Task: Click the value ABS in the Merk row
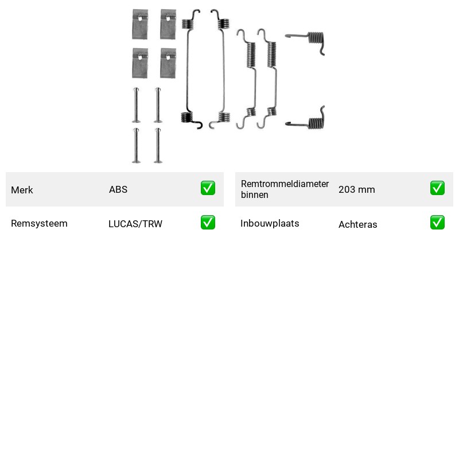click(118, 189)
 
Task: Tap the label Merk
click(22, 190)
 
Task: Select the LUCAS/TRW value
click(135, 224)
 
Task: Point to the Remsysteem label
click(39, 223)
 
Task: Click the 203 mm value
click(356, 189)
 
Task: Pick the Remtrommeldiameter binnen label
click(285, 189)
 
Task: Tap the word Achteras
click(357, 224)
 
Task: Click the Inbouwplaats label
click(270, 223)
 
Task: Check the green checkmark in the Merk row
click(208, 188)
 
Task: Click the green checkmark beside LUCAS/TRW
click(208, 223)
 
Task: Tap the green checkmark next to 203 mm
click(437, 188)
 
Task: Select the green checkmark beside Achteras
click(437, 223)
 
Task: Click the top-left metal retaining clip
click(140, 24)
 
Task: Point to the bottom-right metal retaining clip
click(168, 63)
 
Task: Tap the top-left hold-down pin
click(136, 105)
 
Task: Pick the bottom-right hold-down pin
click(158, 146)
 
